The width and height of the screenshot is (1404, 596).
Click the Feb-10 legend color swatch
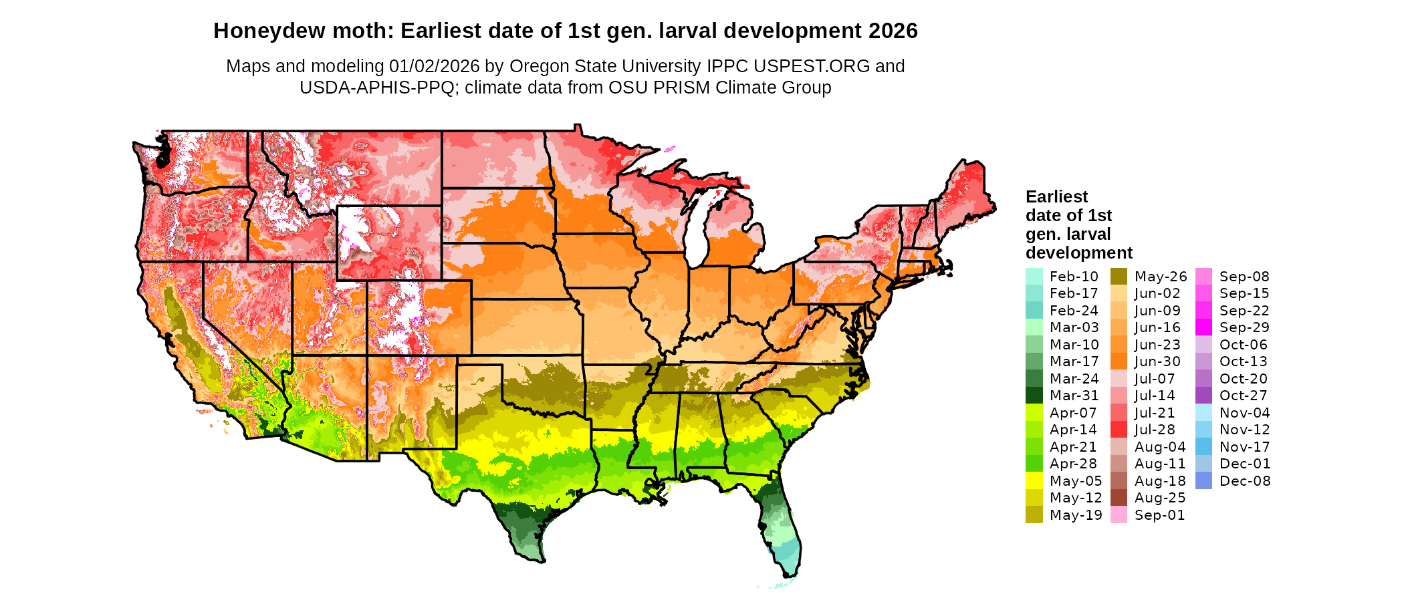tap(1034, 277)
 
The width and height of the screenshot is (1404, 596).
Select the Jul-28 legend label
tap(1155, 430)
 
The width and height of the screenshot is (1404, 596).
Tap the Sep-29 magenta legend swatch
tap(1203, 327)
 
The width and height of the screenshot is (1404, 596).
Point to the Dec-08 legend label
tap(1245, 481)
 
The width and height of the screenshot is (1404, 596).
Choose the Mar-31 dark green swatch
tap(1034, 396)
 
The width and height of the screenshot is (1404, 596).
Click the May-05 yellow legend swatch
tap(1034, 481)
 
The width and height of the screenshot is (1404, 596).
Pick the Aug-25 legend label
tap(1160, 498)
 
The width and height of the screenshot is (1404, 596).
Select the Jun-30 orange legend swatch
tap(1119, 361)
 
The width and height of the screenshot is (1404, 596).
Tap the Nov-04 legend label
tap(1245, 413)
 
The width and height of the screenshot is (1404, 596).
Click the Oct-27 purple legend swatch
tap(1203, 396)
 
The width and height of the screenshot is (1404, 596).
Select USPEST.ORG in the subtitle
tap(812, 66)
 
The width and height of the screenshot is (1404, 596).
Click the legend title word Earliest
tap(1056, 197)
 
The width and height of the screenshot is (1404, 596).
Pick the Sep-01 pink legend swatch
tap(1119, 515)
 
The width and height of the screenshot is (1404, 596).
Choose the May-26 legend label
tap(1161, 277)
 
